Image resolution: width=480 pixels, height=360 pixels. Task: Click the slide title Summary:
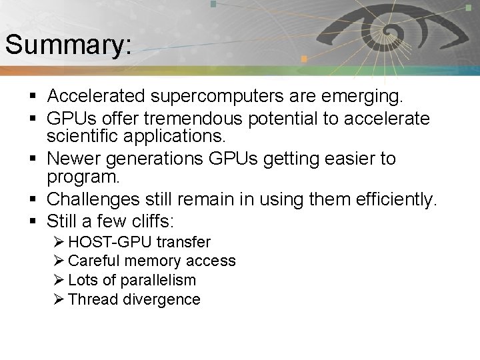pyautogui.click(x=68, y=45)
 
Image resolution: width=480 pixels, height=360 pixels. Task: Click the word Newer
pyautogui.click(x=73, y=159)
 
